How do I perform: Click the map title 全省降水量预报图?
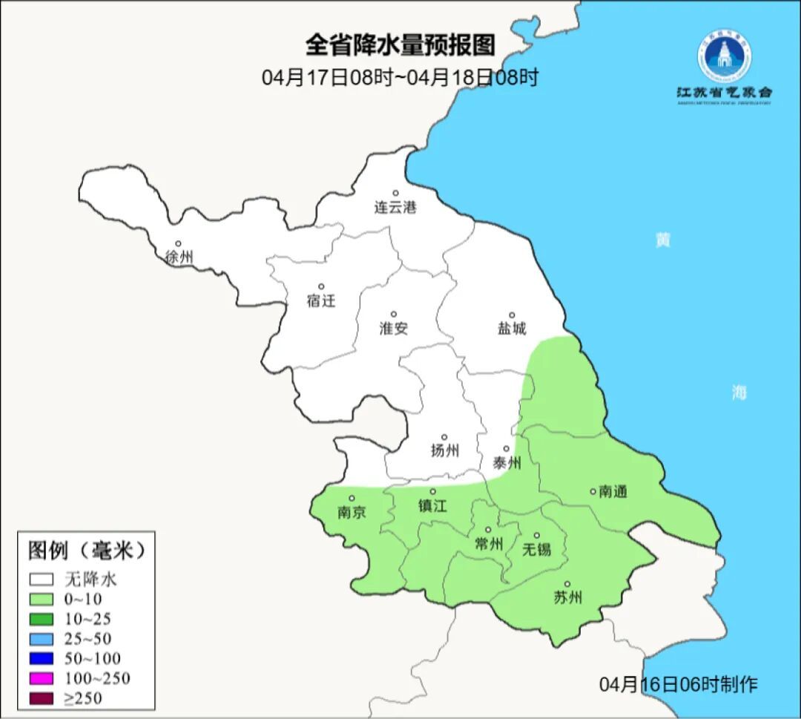[x=400, y=46]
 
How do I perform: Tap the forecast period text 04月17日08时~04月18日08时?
[x=400, y=78]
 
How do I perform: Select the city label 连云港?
[x=395, y=208]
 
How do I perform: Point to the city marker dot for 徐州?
[x=178, y=243]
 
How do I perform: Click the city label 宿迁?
[x=321, y=301]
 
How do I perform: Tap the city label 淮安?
[x=394, y=329]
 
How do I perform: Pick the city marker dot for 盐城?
[x=511, y=315]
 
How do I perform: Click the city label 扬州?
[x=444, y=450]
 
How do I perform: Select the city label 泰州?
[x=507, y=463]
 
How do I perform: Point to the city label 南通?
[x=613, y=491]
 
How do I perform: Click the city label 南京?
[x=352, y=513]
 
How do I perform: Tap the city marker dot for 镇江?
[x=433, y=491]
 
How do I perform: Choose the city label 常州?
[x=488, y=544]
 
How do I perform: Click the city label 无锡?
[x=537, y=549]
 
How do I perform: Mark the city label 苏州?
[x=568, y=598]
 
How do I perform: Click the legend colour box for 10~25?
[x=42, y=619]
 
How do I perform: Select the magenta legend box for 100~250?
[x=42, y=678]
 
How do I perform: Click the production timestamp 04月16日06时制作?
[x=678, y=683]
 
